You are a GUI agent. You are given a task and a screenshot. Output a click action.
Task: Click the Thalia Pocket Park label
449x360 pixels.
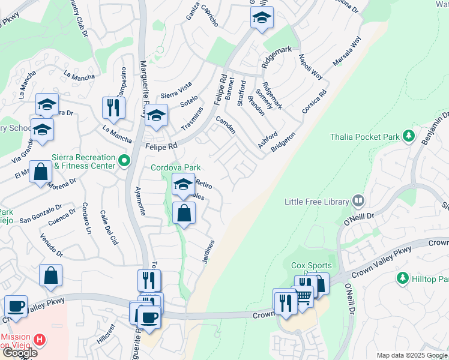(365, 137)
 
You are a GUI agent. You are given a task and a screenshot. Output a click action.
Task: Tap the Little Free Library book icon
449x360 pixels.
(358, 200)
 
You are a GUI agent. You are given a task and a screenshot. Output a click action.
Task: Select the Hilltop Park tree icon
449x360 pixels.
(402, 278)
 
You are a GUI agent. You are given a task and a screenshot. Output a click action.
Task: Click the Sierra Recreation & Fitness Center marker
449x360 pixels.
(124, 161)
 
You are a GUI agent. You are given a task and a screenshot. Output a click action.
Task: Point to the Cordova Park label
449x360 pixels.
(175, 167)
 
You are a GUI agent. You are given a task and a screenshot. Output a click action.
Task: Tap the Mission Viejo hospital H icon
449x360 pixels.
(40, 340)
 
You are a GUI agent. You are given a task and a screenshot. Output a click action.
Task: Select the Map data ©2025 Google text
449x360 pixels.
(411, 355)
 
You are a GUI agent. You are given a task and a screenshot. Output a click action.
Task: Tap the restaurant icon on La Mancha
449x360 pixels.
(113, 107)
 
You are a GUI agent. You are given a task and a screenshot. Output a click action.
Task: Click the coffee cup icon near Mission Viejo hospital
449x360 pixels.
(16, 306)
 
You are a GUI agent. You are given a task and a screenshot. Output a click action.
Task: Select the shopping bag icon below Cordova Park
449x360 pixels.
(184, 212)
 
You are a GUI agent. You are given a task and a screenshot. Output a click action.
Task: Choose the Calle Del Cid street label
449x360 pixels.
(109, 227)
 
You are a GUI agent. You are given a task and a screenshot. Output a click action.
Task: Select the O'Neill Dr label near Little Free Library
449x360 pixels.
(359, 219)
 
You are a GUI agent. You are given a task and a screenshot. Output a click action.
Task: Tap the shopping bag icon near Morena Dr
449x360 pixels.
(40, 172)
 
